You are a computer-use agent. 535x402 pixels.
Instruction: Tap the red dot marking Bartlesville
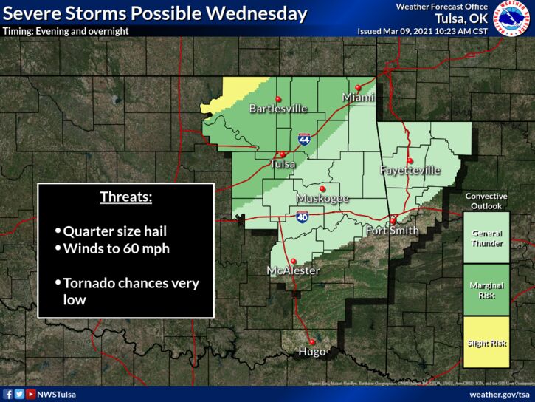(278, 99)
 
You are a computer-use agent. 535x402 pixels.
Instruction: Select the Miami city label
(358, 98)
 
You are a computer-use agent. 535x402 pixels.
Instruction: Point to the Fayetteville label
(410, 171)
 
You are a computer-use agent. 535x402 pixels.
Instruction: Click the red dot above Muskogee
(322, 188)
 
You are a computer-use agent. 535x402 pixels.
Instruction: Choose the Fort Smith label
(393, 231)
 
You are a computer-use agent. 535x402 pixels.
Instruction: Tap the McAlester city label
(293, 271)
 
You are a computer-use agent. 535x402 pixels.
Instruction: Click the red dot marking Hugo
(312, 341)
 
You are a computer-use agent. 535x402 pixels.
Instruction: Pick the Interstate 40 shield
(303, 217)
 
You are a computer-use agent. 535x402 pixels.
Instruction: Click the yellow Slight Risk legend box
(486, 342)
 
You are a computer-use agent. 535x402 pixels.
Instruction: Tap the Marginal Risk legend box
(486, 290)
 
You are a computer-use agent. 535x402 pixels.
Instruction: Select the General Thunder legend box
(486, 238)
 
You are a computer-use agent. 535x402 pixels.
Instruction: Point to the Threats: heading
(126, 198)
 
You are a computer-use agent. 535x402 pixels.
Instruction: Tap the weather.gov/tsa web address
(499, 395)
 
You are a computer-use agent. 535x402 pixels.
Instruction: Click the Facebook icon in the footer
(8, 395)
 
